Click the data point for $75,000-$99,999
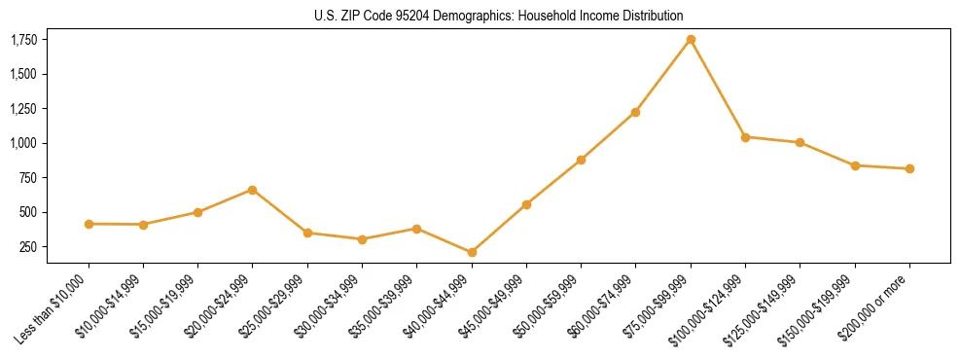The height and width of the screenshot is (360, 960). click(691, 40)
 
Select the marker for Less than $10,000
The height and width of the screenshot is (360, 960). click(89, 224)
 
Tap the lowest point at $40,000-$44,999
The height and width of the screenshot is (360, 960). click(472, 252)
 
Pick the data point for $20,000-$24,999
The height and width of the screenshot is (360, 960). click(253, 190)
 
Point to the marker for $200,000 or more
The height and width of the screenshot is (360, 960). click(909, 168)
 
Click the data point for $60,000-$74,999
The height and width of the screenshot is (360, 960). click(635, 112)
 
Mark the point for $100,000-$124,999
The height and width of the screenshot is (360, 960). click(745, 137)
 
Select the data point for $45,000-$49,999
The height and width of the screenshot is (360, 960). click(526, 204)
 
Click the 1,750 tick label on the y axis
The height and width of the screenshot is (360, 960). click(23, 40)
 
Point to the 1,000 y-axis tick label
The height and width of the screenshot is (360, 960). click(23, 143)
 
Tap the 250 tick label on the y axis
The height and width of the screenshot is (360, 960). click(27, 247)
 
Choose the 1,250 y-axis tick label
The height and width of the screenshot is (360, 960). click(23, 109)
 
